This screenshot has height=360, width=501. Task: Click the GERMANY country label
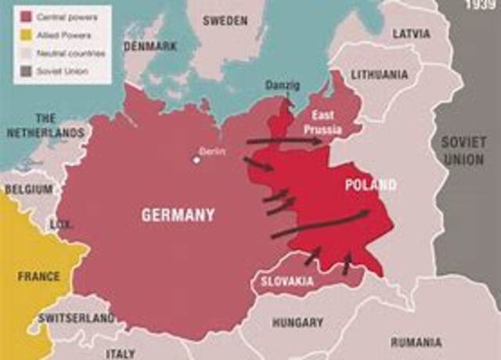[178, 214]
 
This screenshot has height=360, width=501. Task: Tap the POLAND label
[370, 185]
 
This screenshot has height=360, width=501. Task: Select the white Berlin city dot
[196, 160]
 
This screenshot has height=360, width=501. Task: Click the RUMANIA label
[416, 342]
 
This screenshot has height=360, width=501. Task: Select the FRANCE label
[39, 276]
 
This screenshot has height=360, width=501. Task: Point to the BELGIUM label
[29, 189]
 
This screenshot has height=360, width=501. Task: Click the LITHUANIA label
[380, 74]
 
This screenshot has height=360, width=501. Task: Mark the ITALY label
[120, 353]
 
